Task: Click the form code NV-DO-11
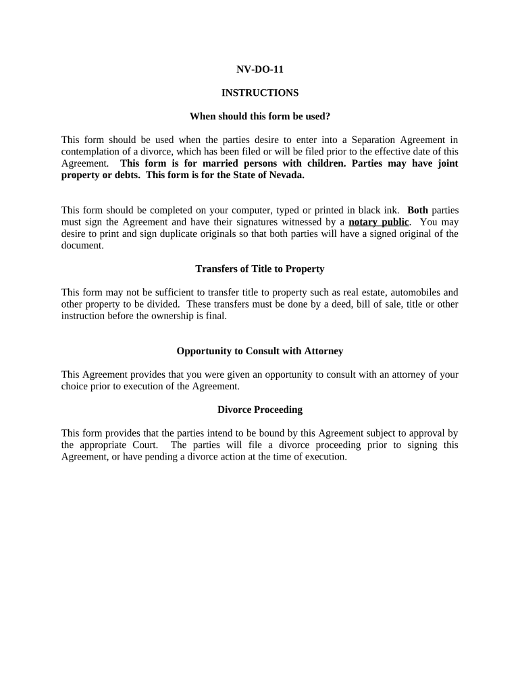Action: pos(260,69)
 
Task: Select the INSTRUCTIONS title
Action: pos(260,92)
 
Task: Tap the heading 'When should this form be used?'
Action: pos(260,116)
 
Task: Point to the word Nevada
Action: pos(287,175)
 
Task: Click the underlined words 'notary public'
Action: pos(379,222)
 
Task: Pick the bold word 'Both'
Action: pos(418,210)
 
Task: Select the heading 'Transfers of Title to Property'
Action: pos(260,269)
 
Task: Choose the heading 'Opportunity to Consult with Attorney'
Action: pos(260,351)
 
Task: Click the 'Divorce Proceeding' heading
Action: pos(260,410)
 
